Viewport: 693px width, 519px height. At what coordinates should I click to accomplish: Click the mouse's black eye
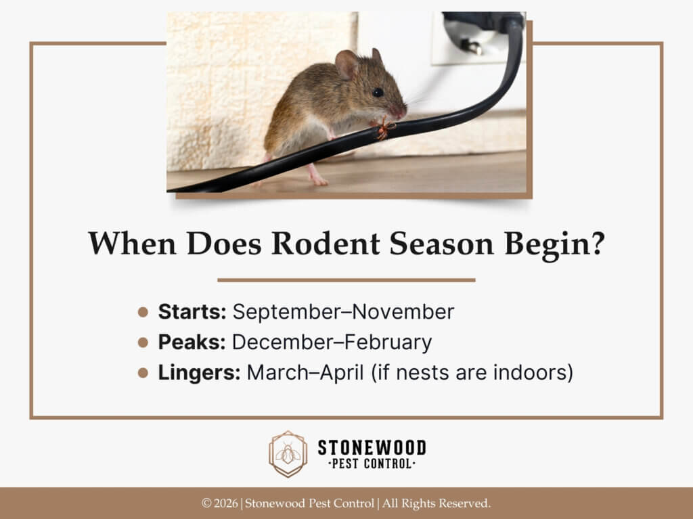378,92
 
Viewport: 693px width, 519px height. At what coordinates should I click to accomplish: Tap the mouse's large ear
348,65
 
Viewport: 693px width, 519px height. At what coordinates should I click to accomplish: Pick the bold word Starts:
192,312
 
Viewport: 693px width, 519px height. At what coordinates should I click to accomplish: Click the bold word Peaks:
192,342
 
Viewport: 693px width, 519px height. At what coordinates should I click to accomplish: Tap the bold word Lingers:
199,373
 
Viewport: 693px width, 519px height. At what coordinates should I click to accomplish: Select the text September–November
343,312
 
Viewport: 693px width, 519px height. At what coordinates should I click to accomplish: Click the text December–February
332,342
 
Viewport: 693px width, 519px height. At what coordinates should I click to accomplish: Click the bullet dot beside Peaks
143,343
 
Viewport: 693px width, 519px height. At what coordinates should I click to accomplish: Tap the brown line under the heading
346,279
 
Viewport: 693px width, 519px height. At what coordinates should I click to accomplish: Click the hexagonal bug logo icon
288,454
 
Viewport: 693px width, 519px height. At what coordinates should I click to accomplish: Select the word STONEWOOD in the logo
372,447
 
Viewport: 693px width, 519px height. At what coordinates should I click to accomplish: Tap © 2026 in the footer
220,503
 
